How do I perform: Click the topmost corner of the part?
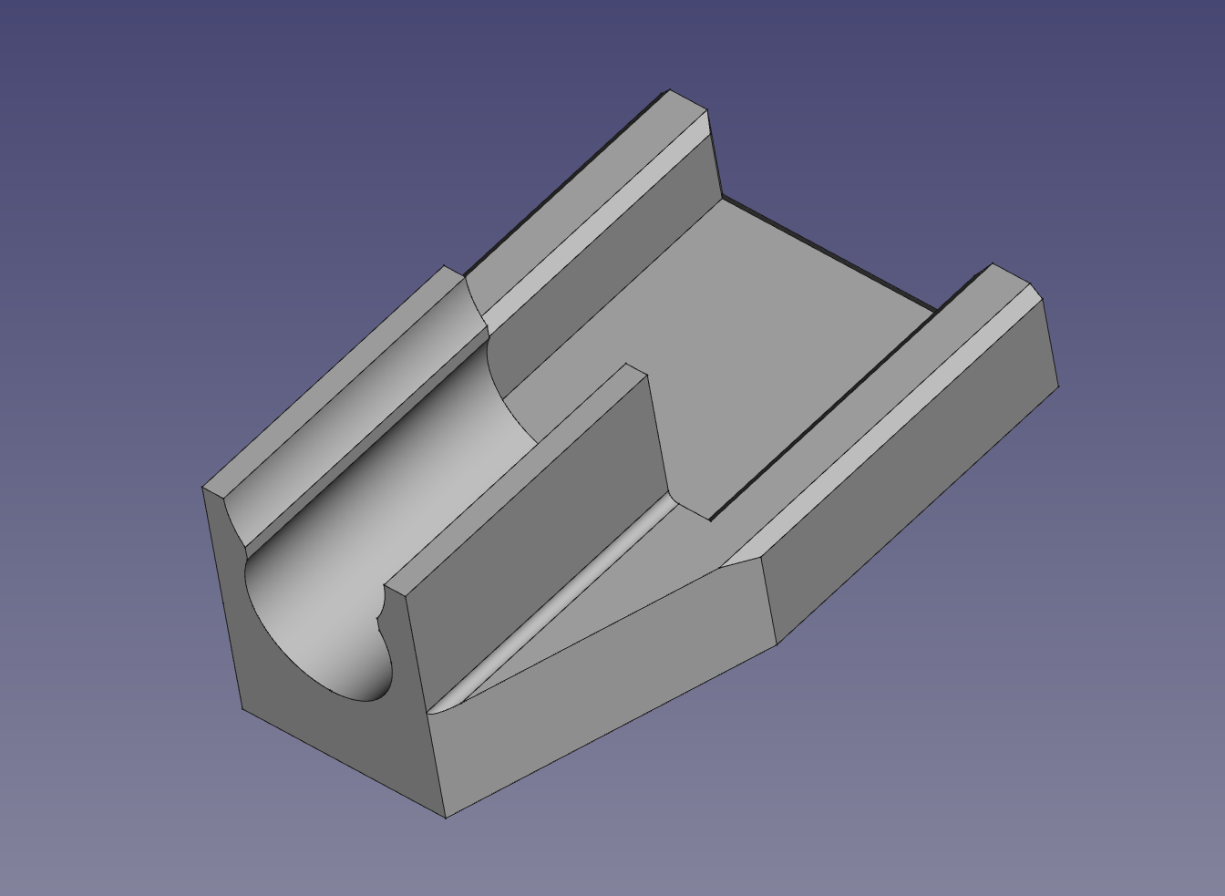pos(669,90)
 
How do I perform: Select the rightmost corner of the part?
pos(1059,386)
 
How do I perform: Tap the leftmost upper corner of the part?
pos(202,489)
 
